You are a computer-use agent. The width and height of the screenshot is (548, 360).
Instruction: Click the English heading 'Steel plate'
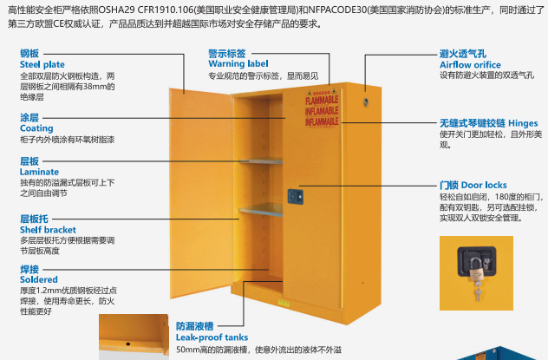[42, 63]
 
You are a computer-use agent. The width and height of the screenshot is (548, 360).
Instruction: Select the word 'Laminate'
[39, 172]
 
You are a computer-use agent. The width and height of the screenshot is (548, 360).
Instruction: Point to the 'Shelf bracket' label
[48, 230]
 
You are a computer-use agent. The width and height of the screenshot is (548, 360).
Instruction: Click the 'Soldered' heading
[39, 280]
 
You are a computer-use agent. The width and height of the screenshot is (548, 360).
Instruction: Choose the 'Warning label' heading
[238, 63]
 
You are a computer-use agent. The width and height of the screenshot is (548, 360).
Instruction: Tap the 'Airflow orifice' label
[471, 64]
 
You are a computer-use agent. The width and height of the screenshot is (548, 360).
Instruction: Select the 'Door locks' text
[484, 185]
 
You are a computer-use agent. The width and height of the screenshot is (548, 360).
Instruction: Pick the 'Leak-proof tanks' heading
[212, 337]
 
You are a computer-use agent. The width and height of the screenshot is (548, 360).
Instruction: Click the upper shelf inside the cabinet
[260, 160]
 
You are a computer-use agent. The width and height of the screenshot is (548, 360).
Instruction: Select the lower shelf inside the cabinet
[260, 208]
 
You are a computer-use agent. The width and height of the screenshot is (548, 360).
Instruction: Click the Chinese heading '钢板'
[29, 53]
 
